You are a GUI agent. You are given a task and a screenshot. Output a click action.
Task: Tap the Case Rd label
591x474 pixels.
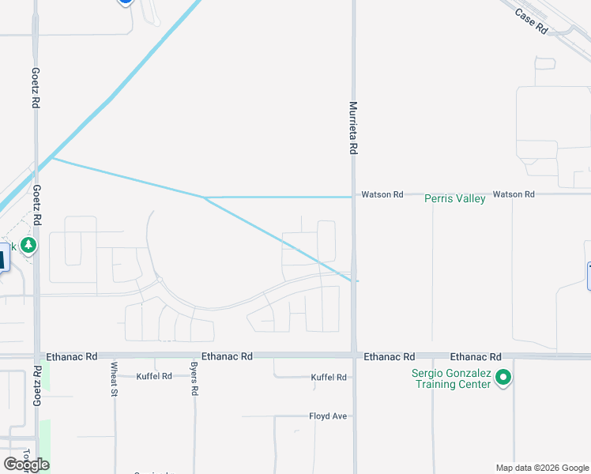[531, 21]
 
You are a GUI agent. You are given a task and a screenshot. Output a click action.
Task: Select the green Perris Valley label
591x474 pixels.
[454, 199]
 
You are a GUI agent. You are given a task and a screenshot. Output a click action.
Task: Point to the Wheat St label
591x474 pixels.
[115, 378]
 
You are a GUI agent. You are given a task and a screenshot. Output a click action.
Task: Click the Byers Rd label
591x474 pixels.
[194, 378]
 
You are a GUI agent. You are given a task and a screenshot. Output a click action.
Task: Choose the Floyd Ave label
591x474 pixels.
[329, 416]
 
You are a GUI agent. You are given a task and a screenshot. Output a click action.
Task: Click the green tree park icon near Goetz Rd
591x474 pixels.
[29, 246]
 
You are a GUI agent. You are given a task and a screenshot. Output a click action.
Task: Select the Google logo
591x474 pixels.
[26, 465]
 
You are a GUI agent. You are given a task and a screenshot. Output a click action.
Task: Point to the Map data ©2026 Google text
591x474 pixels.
[542, 468]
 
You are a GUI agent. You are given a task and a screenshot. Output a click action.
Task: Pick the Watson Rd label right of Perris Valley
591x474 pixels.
[514, 194]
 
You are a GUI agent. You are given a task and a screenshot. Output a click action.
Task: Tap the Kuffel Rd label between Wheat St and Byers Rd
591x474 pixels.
[154, 377]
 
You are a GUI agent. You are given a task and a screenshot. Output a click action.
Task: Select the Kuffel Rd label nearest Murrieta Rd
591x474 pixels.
[329, 378]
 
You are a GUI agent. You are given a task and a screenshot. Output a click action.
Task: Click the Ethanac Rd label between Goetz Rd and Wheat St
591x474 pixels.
[72, 357]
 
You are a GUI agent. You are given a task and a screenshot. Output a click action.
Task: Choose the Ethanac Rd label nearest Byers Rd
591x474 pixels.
[227, 357]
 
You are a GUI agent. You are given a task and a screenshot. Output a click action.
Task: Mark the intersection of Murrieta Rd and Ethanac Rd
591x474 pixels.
[354, 356]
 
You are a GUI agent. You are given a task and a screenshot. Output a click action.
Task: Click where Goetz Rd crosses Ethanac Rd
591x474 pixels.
[36, 356]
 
